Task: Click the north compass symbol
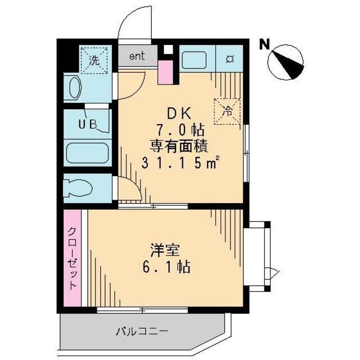(x=287, y=64)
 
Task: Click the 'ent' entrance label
(x=137, y=56)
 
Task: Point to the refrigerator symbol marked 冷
(x=228, y=111)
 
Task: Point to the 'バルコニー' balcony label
(x=142, y=330)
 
